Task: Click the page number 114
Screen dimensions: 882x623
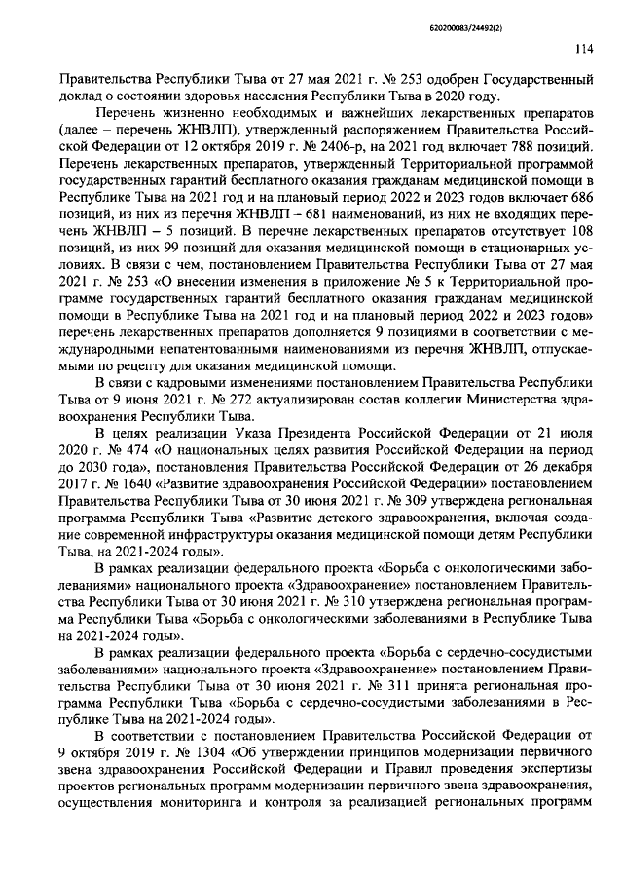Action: point(583,51)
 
